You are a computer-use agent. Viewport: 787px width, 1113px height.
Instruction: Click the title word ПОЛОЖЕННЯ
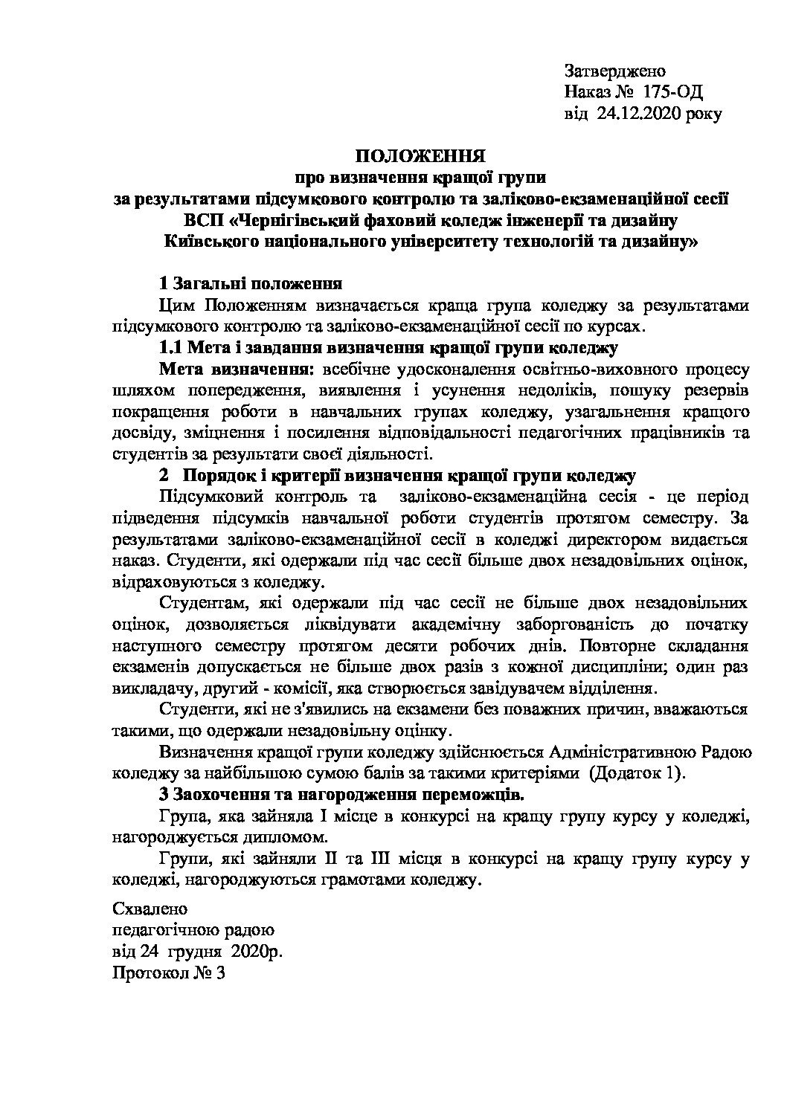pyautogui.click(x=420, y=156)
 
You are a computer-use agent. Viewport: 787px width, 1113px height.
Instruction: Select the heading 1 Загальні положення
pyautogui.click(x=251, y=284)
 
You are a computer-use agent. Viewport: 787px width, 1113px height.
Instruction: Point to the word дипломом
pyautogui.click(x=289, y=836)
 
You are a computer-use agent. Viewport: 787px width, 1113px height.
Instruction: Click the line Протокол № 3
pyautogui.click(x=168, y=974)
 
